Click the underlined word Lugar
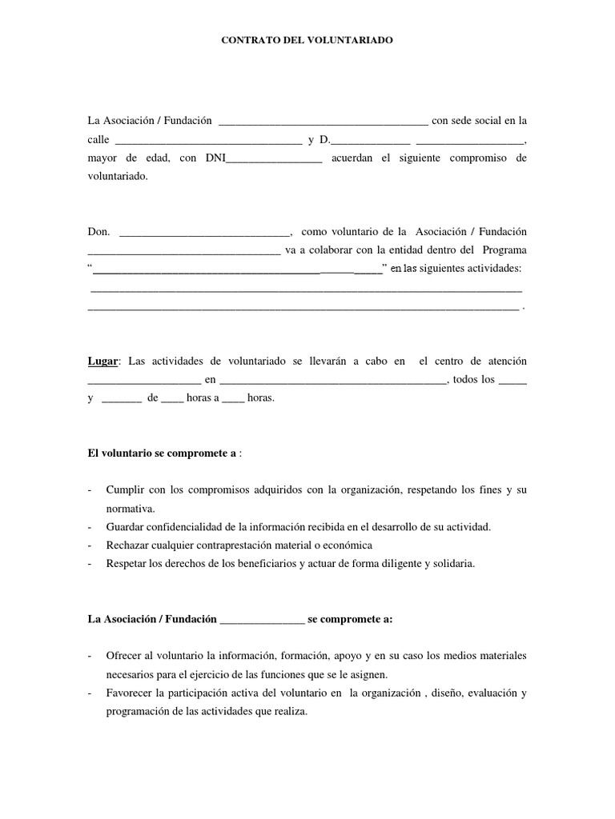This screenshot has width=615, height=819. point(102,362)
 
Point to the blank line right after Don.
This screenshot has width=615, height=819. point(203,233)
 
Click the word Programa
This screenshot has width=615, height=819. point(504,250)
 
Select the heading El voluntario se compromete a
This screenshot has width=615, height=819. point(162,453)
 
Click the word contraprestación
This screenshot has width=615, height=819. point(259,545)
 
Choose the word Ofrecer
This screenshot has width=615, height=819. point(124,657)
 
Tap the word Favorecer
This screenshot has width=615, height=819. point(129,693)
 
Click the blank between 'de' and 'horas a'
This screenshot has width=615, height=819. point(172,398)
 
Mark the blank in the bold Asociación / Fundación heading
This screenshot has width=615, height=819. point(262,619)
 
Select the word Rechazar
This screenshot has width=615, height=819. point(127,545)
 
